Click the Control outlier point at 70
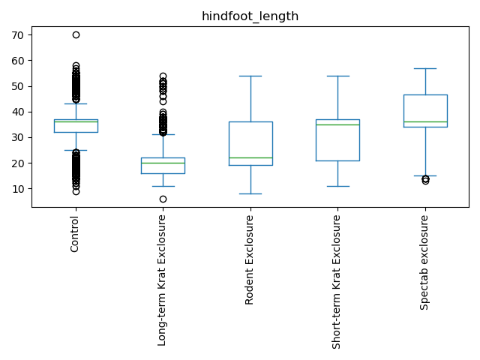(x=76, y=34)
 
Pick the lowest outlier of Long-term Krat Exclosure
(x=163, y=199)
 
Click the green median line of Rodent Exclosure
(x=250, y=157)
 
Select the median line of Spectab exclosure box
(x=425, y=121)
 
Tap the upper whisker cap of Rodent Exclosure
(x=250, y=76)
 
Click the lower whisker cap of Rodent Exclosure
(x=250, y=193)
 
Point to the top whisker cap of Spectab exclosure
(x=425, y=68)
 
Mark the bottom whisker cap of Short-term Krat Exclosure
(x=337, y=186)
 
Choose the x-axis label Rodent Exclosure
(x=250, y=259)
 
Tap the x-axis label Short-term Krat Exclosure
(x=337, y=281)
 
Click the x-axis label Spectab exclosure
(x=425, y=262)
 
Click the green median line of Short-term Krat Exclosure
(x=337, y=124)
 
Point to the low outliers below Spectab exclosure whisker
(x=425, y=179)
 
